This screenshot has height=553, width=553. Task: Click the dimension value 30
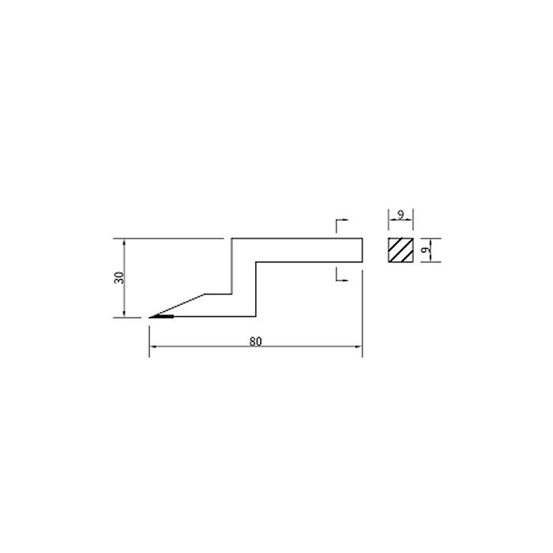pos(119,278)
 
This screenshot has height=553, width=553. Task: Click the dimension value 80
pos(256,341)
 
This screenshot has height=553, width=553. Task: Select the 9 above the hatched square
pos(401,214)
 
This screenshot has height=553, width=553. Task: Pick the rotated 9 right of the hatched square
pos(426,250)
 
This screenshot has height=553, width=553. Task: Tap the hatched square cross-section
pos(401,250)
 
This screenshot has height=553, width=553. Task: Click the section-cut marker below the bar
pos(342,274)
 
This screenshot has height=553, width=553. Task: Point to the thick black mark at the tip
pos(161,317)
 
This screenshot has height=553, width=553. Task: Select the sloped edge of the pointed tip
pos(177,306)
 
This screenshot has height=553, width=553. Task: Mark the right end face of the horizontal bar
pos(362,250)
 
